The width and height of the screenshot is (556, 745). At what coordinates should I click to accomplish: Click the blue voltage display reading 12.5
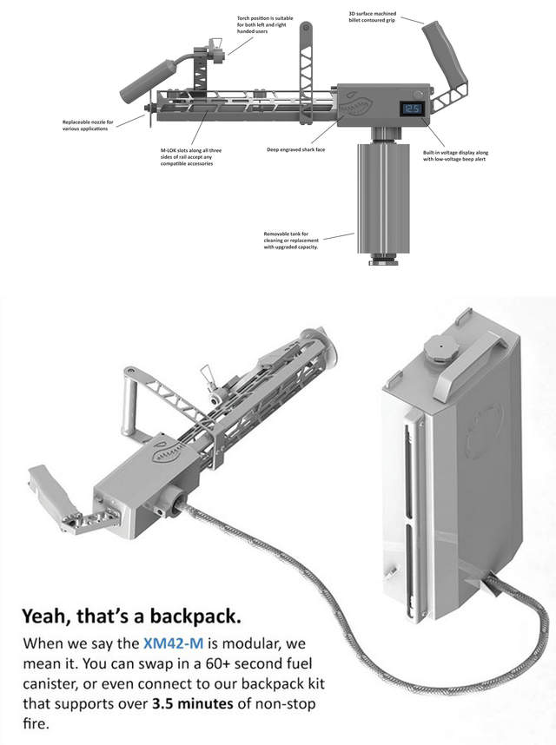pos(412,109)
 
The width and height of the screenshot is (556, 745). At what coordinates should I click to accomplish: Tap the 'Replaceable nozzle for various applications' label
pos(87,126)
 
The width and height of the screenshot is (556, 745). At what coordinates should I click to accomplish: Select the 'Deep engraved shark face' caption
pos(290,149)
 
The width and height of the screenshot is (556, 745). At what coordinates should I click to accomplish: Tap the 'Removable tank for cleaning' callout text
pos(292,240)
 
